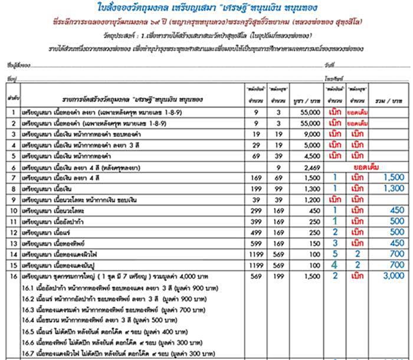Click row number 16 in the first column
[11, 275]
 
